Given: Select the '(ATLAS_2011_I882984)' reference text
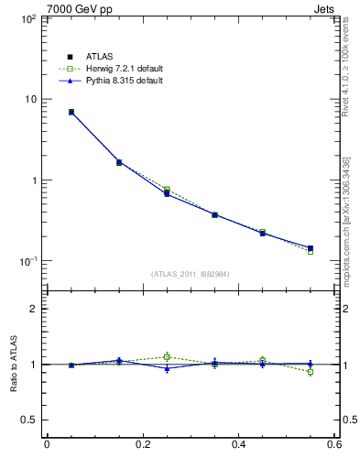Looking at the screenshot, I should tap(191, 274).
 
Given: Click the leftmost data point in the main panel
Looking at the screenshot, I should tap(71, 112).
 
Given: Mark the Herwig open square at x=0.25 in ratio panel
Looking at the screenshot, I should tap(167, 356).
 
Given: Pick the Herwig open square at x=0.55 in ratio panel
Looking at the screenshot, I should tap(311, 372).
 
